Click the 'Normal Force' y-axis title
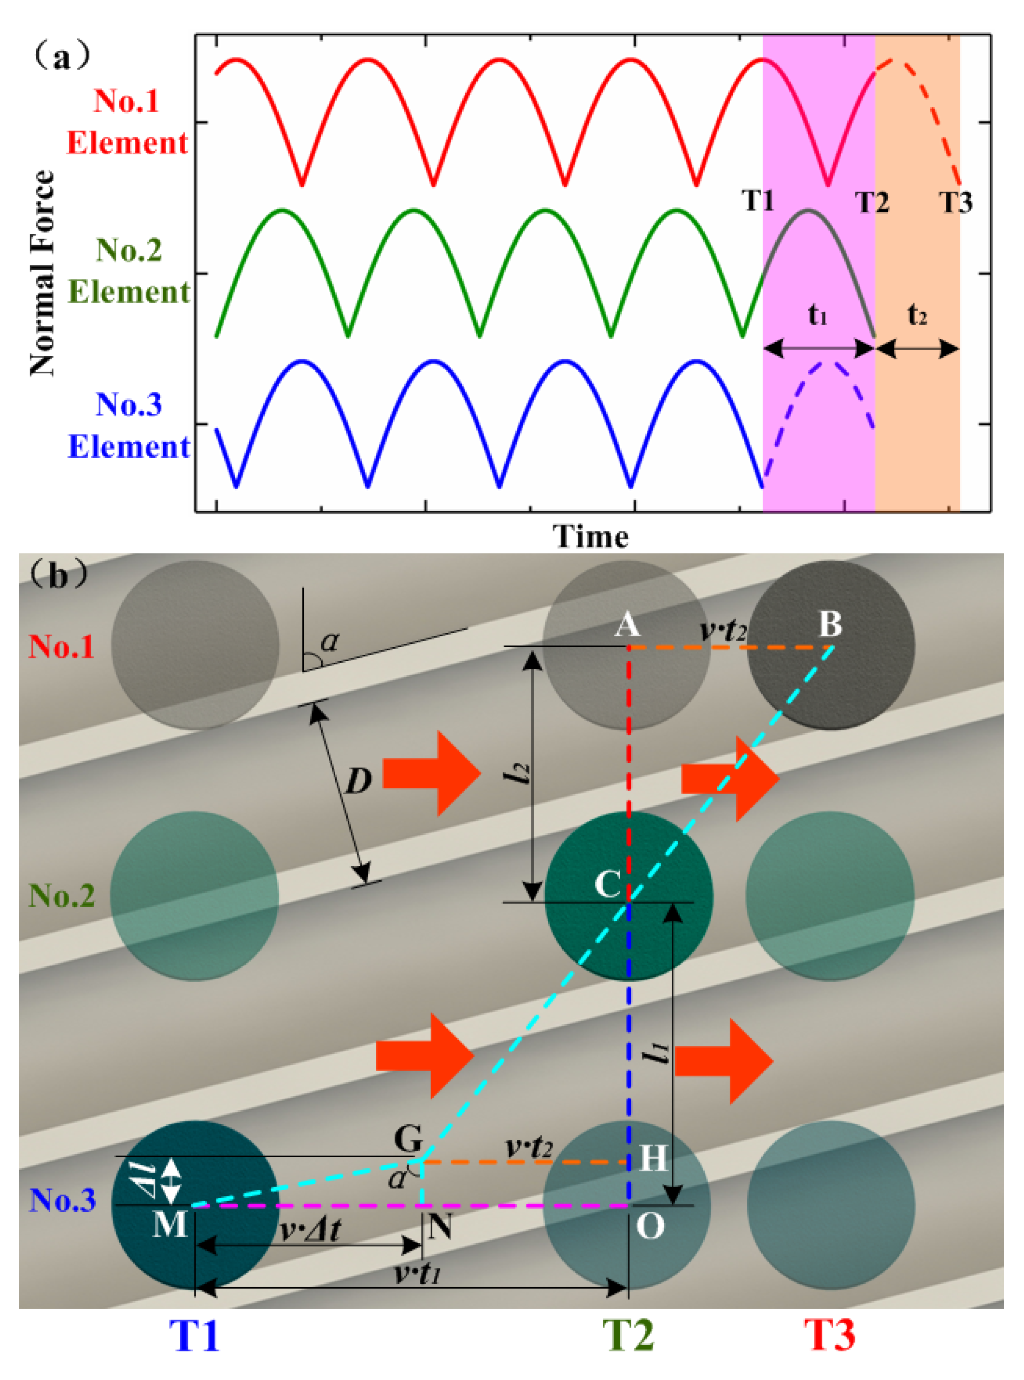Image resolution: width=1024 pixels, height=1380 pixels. (x=42, y=273)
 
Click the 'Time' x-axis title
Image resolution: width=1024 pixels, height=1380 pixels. (x=590, y=537)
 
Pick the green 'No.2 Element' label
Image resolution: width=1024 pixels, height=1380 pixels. (x=129, y=271)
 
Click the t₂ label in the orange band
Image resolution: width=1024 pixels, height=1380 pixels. (x=917, y=316)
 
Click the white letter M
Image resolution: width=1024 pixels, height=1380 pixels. (x=169, y=1224)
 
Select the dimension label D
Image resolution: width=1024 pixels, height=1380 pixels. (x=358, y=782)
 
